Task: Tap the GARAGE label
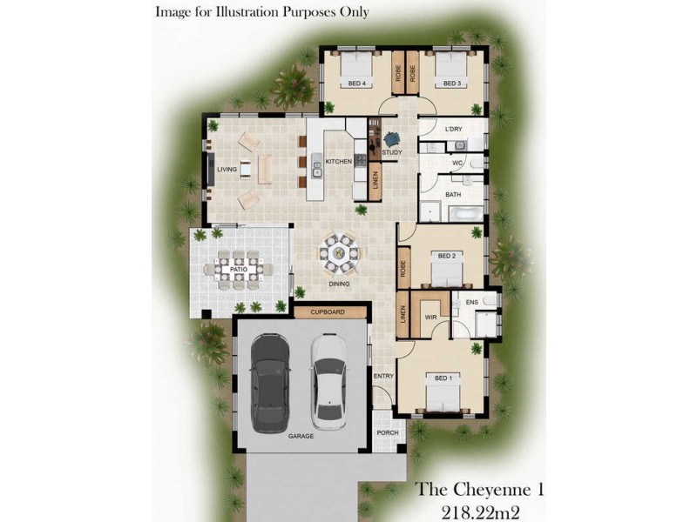point(301,438)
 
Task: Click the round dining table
point(338,254)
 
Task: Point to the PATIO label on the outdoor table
point(237,270)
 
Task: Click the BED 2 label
point(447,256)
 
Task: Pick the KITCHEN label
point(338,162)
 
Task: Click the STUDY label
point(391,153)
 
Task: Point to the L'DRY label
point(453,130)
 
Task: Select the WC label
point(457,163)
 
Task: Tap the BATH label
point(453,195)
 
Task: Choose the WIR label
point(430,318)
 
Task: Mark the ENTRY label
point(384,376)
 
